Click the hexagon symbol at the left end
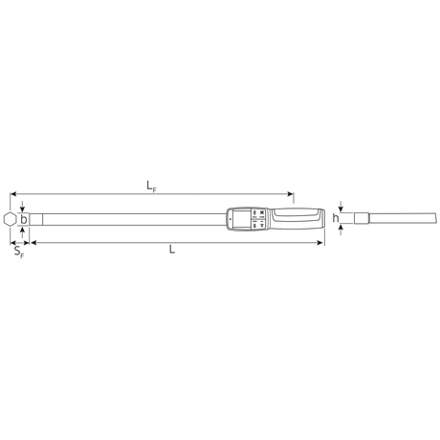[10, 219]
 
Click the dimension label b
[24, 219]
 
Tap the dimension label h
[336, 218]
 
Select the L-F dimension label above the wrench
[151, 186]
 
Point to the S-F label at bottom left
[19, 252]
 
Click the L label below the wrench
[172, 249]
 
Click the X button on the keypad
[262, 213]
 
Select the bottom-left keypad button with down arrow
[254, 225]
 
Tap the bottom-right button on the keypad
[262, 225]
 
